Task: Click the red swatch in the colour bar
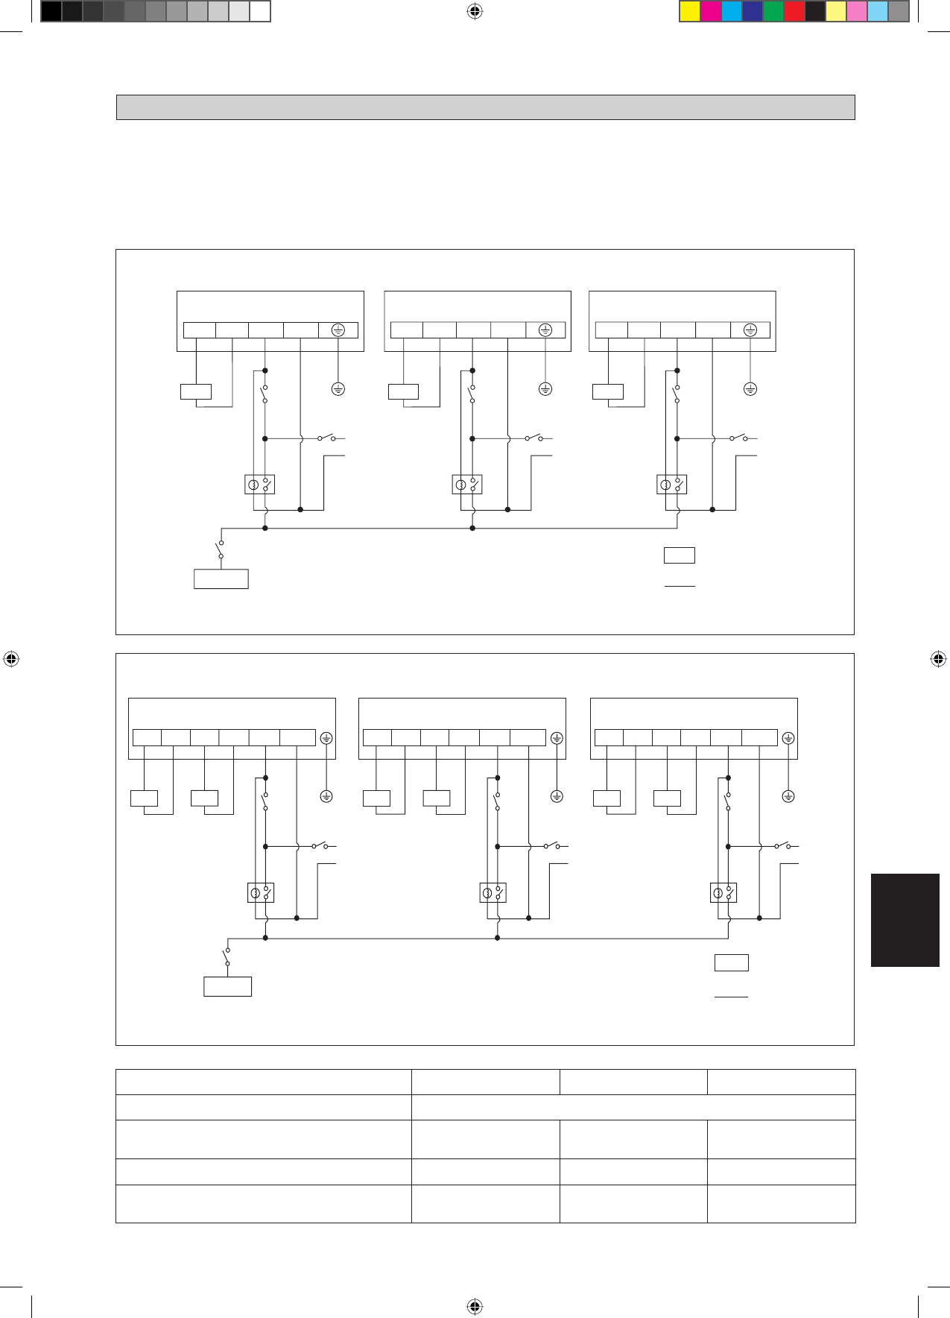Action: pyautogui.click(x=794, y=11)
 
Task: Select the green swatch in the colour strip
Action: pyautogui.click(x=773, y=11)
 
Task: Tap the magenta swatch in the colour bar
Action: pyautogui.click(x=711, y=11)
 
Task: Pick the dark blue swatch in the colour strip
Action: pyautogui.click(x=753, y=11)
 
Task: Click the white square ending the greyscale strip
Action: pyautogui.click(x=259, y=11)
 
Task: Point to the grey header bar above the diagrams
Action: pyautogui.click(x=485, y=107)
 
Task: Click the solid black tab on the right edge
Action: pyautogui.click(x=905, y=920)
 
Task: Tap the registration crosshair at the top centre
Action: pyautogui.click(x=475, y=11)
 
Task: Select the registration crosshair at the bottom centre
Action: pyautogui.click(x=475, y=1306)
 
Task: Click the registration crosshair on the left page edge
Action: pyautogui.click(x=10, y=659)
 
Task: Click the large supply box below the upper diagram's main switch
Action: pyautogui.click(x=221, y=579)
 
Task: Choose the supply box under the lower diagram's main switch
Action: pyautogui.click(x=227, y=986)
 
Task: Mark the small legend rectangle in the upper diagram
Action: pyautogui.click(x=679, y=555)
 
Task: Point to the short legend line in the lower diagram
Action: pyautogui.click(x=731, y=996)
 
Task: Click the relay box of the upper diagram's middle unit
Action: pyautogui.click(x=467, y=485)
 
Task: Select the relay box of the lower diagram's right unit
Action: pyautogui.click(x=723, y=892)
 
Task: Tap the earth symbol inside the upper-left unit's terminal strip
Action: pyautogui.click(x=338, y=330)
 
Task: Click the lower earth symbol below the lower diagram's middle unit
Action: pyautogui.click(x=557, y=796)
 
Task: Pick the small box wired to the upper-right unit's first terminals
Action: pyautogui.click(x=607, y=391)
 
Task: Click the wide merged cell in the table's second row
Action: pyautogui.click(x=633, y=1107)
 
